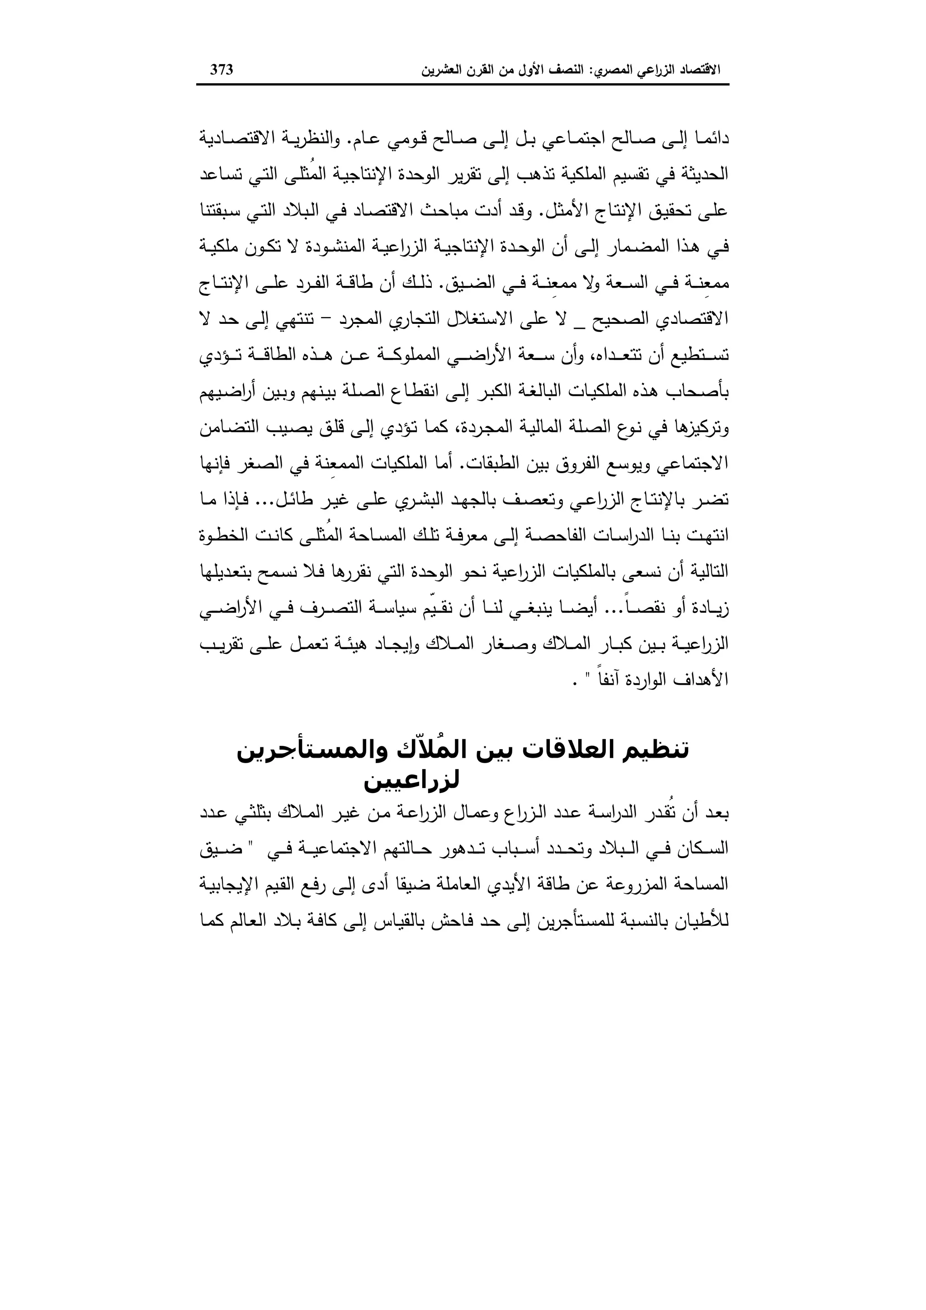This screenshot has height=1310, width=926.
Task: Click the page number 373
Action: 222,70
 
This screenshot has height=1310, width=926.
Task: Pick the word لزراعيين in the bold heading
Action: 412,780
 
